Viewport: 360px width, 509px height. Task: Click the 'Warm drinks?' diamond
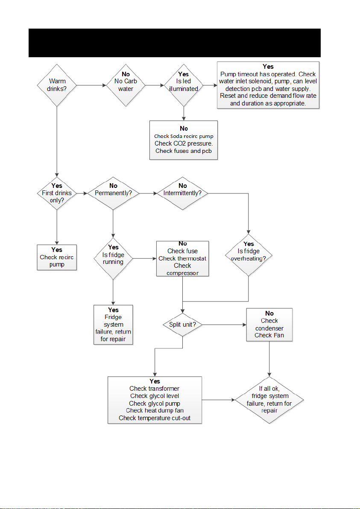(x=57, y=85)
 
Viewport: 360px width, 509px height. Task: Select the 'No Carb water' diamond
(x=126, y=85)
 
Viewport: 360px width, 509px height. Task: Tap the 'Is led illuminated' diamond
(x=184, y=85)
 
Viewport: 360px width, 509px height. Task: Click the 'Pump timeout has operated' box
(x=268, y=85)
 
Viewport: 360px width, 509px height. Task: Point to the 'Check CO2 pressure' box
(x=183, y=140)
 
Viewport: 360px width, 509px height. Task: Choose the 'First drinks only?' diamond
(x=57, y=193)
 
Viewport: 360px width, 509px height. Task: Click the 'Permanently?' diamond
(x=113, y=193)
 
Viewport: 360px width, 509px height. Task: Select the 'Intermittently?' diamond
(x=182, y=193)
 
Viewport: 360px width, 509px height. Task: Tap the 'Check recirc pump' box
(x=57, y=257)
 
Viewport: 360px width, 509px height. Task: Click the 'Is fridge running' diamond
(x=113, y=258)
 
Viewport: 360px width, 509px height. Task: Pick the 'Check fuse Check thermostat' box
(x=182, y=258)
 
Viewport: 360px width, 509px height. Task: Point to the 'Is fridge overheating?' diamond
(x=249, y=255)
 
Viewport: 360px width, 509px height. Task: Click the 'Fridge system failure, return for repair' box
(x=113, y=325)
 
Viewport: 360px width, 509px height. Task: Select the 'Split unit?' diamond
(x=182, y=325)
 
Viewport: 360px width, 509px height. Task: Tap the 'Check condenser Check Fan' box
(x=269, y=325)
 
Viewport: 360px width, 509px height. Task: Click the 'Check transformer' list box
(x=155, y=400)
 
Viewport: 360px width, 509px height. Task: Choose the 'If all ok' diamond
(x=269, y=400)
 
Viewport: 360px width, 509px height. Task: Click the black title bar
(x=175, y=43)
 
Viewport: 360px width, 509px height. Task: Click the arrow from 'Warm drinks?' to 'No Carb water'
(x=91, y=85)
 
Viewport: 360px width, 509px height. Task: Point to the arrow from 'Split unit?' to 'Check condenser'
(x=224, y=325)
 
